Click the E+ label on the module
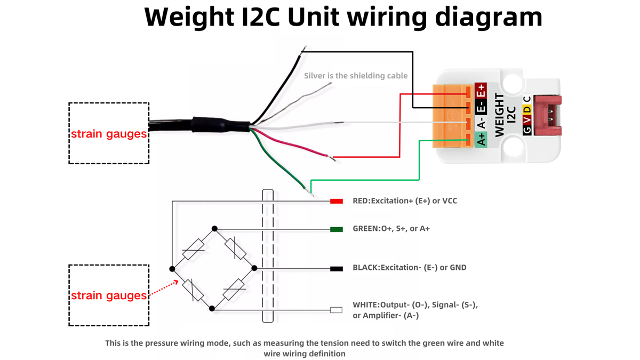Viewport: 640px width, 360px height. coord(481,91)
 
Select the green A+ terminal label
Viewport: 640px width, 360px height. coord(481,139)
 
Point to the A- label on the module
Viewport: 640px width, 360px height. coord(481,124)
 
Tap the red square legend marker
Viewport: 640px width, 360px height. coord(336,201)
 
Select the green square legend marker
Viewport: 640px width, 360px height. coord(336,229)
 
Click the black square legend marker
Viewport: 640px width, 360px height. coord(336,268)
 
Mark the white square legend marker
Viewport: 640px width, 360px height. coord(336,310)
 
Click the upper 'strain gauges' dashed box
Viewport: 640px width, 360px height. coord(109,133)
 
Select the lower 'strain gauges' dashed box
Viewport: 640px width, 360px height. coord(109,295)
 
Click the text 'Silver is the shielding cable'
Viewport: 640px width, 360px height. coord(356,76)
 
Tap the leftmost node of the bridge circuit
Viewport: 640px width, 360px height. coord(172,269)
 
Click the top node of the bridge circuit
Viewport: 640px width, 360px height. coord(214,229)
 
